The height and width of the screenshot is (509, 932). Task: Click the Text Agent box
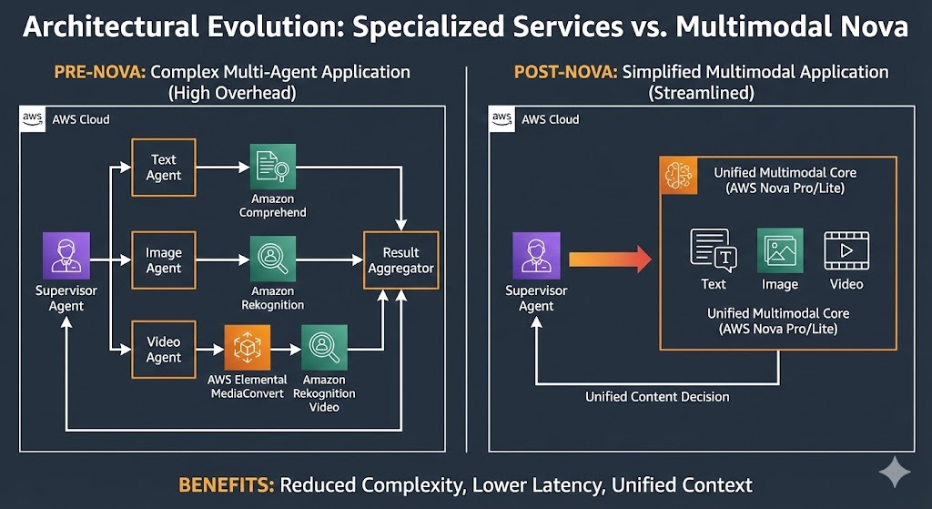pyautogui.click(x=164, y=167)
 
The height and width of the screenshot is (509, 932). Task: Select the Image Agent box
pyautogui.click(x=164, y=260)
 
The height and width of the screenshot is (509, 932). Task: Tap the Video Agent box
pyautogui.click(x=164, y=350)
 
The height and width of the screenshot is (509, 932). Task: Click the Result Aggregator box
pyautogui.click(x=401, y=260)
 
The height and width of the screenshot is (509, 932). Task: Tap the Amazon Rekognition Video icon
pyautogui.click(x=323, y=348)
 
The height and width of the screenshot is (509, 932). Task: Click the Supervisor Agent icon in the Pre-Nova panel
pyautogui.click(x=66, y=256)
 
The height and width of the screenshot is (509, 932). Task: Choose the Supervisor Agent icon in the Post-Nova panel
pyautogui.click(x=536, y=256)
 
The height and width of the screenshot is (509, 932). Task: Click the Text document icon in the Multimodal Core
pyautogui.click(x=714, y=250)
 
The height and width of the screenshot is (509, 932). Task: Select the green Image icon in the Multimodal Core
pyautogui.click(x=780, y=250)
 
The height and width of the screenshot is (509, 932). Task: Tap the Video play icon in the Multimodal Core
pyautogui.click(x=846, y=250)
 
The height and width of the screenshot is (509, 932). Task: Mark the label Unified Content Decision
pyautogui.click(x=657, y=396)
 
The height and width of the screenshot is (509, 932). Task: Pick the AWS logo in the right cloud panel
pyautogui.click(x=501, y=118)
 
